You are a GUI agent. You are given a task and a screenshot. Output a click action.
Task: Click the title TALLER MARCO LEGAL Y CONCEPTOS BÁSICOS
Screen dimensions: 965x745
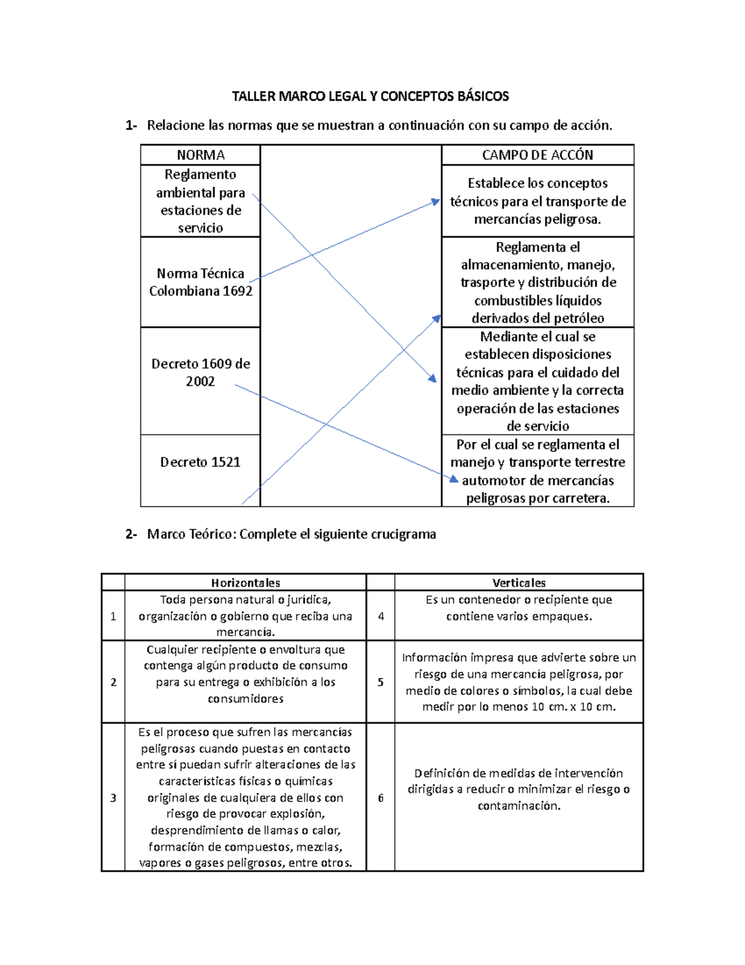click(x=370, y=96)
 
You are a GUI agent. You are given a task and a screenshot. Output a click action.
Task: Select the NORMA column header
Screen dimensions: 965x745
click(x=200, y=155)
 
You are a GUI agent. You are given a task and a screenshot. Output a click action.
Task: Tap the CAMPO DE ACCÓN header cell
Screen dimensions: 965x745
click(x=537, y=155)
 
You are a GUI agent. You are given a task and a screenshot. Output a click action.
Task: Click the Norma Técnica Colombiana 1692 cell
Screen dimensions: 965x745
click(x=200, y=282)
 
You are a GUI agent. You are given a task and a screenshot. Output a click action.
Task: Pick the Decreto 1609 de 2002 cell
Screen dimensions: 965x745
click(x=200, y=372)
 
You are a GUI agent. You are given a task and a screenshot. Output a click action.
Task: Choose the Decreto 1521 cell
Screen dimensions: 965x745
click(x=200, y=462)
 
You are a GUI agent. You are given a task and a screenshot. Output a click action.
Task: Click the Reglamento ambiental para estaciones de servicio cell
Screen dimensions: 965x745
click(x=200, y=201)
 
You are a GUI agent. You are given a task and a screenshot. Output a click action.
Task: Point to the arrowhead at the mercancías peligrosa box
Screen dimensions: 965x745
click(x=436, y=202)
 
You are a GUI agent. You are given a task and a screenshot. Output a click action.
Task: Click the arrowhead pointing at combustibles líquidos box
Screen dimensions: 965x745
click(x=436, y=319)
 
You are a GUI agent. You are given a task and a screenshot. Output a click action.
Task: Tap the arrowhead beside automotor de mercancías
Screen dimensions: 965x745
click(x=454, y=478)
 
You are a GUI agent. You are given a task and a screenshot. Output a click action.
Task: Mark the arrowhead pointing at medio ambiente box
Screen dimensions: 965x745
click(x=431, y=378)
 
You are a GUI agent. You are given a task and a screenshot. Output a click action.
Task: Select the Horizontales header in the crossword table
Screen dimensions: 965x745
click(x=245, y=583)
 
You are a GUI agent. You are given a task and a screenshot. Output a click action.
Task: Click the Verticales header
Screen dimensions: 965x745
click(x=518, y=583)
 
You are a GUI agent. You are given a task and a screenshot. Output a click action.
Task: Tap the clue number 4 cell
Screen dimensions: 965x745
click(x=381, y=616)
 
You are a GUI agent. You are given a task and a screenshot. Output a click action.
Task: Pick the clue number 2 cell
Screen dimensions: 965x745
click(x=113, y=682)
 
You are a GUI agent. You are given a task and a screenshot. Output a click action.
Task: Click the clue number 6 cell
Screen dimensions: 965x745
click(x=381, y=797)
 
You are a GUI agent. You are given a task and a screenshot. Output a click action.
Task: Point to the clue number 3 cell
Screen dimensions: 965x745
click(x=113, y=797)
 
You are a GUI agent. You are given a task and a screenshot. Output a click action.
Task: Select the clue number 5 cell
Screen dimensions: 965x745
click(x=381, y=682)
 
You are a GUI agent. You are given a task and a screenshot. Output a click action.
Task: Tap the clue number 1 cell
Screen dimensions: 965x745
click(x=113, y=616)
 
